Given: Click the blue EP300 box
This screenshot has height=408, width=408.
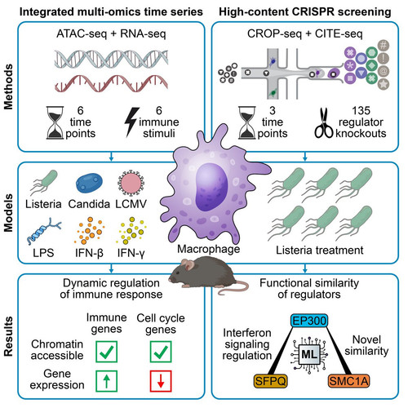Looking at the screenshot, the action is pos(309,321).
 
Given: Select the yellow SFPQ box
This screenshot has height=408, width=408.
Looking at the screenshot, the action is pos(271,381).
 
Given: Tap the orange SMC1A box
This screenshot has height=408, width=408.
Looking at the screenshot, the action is pos(349,381).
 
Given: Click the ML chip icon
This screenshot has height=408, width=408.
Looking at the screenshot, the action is pos(309,354).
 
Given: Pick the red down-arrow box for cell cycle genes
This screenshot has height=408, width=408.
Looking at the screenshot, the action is pos(161,381).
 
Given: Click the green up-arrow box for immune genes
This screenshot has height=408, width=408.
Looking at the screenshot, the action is pos(106,381).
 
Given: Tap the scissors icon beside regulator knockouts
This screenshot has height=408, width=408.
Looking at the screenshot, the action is pos(324,123).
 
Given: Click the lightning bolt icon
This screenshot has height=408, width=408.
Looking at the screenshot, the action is pos(131,122).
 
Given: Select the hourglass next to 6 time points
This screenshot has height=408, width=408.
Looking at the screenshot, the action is pos(55,122).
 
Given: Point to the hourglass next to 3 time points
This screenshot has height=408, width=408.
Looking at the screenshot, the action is pos(247,122).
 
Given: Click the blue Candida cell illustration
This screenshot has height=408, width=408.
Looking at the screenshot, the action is pos(89,183).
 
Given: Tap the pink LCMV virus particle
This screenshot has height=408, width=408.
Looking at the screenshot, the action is pos(131,183).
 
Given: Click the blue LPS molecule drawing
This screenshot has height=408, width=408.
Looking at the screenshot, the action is pos(43,231).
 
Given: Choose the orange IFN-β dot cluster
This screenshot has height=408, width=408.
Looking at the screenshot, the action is pos(89,231).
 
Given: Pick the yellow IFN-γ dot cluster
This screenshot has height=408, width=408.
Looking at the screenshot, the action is pos(131,231).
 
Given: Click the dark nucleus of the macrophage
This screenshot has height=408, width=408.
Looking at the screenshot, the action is pos(211,187).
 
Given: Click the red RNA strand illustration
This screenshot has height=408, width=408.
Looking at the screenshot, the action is pos(111,83).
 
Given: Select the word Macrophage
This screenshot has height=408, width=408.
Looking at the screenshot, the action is pos(209,249).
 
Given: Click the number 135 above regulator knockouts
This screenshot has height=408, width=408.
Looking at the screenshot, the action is pos(361,111).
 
